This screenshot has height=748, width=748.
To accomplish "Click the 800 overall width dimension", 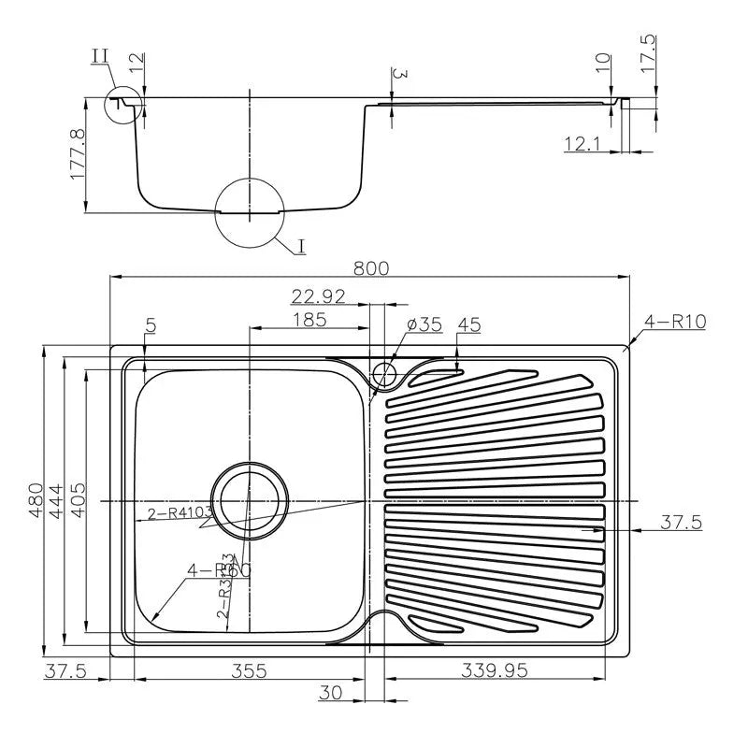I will tap(371, 267).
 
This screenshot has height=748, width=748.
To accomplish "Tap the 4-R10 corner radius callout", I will tap(674, 323).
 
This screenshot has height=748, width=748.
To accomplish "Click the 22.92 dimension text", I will tap(319, 296).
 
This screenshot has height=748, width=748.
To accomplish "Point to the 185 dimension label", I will tap(309, 320).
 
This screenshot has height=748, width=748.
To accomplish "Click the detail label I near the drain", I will tap(301, 246).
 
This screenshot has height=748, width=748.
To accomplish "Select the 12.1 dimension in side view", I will tap(583, 142).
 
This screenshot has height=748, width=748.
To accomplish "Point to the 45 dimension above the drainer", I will tap(468, 324).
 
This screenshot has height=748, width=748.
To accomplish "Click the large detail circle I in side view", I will tap(249, 211).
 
